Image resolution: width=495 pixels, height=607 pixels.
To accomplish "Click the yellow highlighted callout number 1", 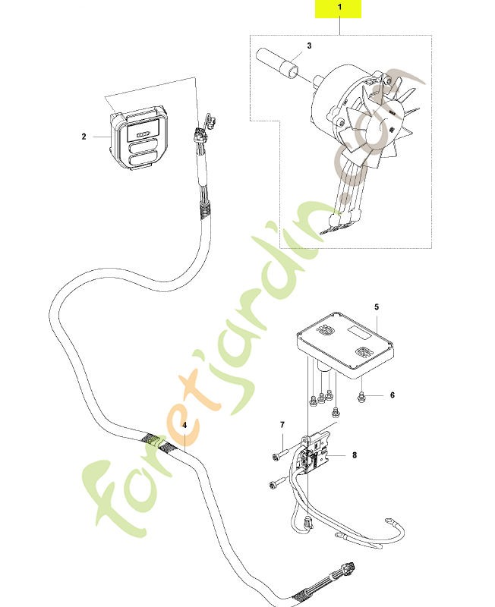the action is point(339,7).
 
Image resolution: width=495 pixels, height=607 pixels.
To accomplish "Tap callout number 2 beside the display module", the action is point(84,137).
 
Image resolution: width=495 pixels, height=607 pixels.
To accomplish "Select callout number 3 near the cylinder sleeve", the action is point(309,46).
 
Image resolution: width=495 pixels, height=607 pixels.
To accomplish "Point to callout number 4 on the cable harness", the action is point(184,425).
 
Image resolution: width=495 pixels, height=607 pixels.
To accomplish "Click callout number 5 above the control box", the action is point(377,307).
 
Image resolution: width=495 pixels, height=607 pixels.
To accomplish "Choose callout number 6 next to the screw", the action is point(393,395).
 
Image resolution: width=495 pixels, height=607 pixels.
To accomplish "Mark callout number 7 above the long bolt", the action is point(282,425).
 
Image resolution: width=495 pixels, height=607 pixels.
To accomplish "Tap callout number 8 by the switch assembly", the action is point(355,454).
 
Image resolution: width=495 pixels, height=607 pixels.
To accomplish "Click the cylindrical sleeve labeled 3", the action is point(277,61).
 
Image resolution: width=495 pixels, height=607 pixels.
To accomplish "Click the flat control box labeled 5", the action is point(345,344).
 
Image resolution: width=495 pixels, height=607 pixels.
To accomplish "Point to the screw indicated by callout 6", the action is point(361,396).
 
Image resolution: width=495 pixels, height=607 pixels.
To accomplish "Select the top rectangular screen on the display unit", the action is point(143,130).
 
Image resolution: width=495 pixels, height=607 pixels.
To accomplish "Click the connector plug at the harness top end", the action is point(200,136).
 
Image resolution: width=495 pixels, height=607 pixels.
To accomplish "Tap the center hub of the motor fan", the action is point(375,130).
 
